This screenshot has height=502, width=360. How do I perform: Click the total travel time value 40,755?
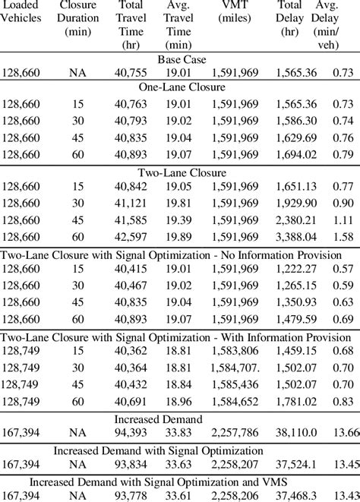131,73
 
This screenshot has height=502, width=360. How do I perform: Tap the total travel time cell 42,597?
131,237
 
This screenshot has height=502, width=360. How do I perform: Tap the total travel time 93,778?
131,495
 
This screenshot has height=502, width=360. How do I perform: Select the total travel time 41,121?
131,204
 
